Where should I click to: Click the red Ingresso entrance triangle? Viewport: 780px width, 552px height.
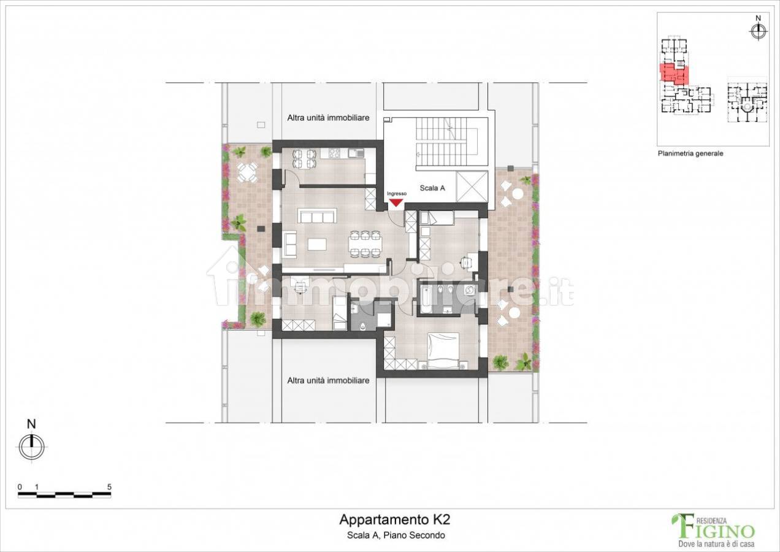(x=396, y=202)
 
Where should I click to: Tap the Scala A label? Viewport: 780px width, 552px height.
(x=432, y=188)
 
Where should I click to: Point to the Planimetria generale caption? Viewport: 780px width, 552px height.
(x=690, y=153)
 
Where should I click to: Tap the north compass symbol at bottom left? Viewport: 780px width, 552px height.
(x=32, y=447)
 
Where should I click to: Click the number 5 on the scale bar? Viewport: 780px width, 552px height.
(x=109, y=487)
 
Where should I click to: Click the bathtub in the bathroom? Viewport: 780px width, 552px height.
(x=425, y=300)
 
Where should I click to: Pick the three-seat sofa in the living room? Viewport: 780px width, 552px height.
(x=317, y=216)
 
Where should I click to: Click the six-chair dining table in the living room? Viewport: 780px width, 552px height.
(x=365, y=245)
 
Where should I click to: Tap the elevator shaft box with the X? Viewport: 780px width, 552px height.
(x=472, y=186)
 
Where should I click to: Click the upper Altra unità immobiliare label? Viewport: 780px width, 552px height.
(x=328, y=118)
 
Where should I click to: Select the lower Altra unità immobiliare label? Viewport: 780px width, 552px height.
(x=328, y=381)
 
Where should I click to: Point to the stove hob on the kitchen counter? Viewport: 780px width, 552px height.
(x=335, y=153)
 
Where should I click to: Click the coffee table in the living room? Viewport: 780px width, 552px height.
(x=317, y=244)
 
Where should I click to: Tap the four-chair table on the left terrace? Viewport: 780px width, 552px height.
(x=247, y=172)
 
